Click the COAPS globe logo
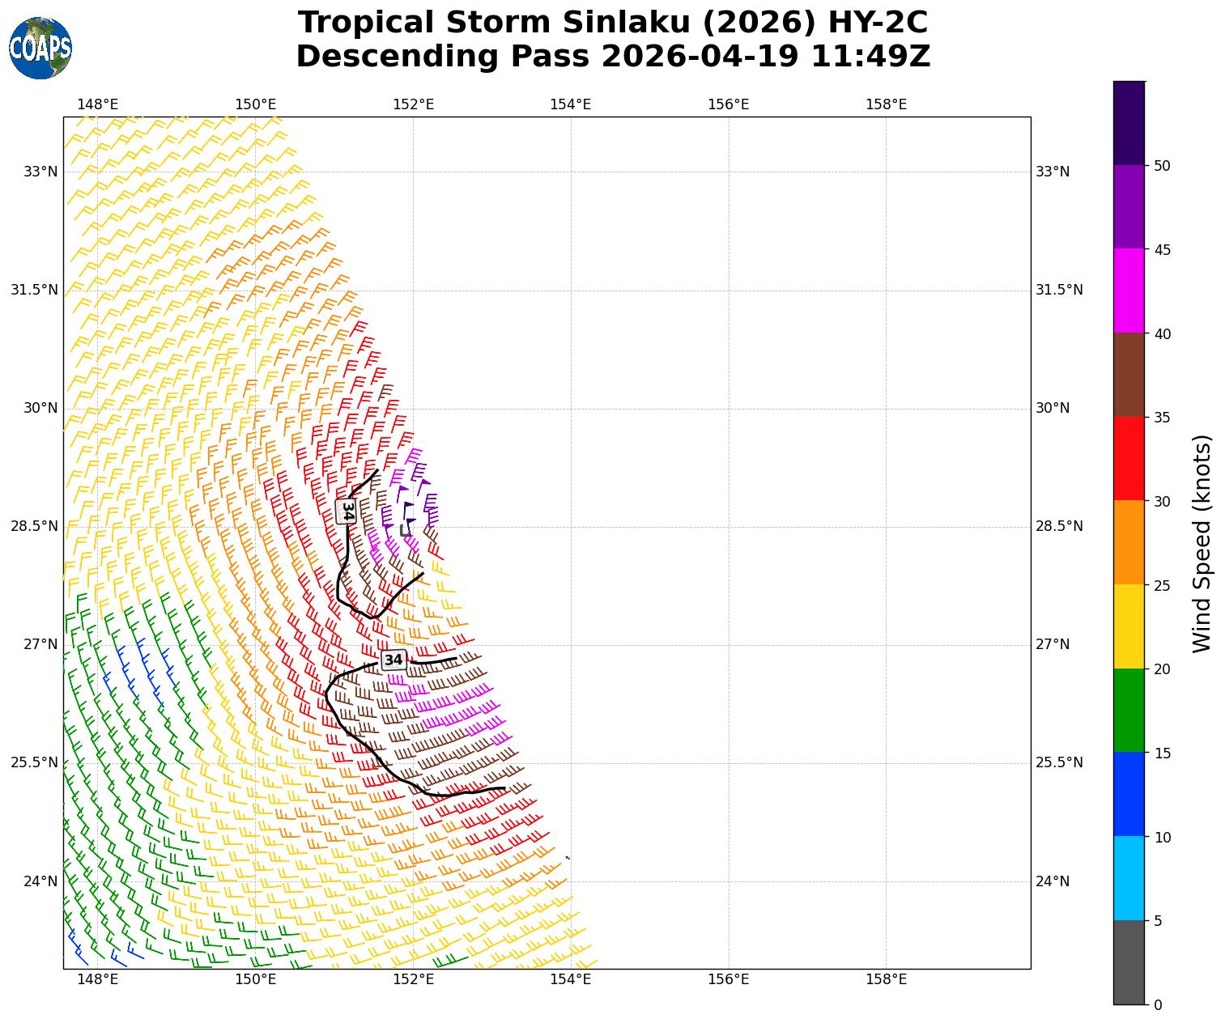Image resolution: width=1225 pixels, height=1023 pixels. click(40, 48)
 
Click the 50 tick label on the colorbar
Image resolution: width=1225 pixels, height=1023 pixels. click(1162, 166)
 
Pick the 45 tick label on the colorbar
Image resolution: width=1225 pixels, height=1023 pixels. click(1162, 250)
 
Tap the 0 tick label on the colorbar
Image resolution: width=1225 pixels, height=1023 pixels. click(1158, 1005)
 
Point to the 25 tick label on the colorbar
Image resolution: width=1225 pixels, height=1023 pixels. click(1162, 586)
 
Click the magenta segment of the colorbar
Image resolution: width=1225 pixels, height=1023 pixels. click(1129, 291)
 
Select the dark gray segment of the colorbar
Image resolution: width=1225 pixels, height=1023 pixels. click(1129, 962)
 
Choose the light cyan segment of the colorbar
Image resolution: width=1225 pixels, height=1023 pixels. click(1129, 878)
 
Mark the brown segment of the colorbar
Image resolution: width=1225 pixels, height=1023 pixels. click(1129, 375)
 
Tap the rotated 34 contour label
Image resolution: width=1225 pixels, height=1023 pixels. click(347, 511)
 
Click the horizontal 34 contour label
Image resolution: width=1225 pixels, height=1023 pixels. click(393, 660)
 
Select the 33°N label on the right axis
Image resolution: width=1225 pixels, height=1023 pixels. click(1052, 172)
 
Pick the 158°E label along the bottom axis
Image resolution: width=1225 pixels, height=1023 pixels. click(886, 980)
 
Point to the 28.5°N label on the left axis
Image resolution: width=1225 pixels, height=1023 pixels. click(34, 526)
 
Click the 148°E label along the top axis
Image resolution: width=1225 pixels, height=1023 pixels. click(97, 104)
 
